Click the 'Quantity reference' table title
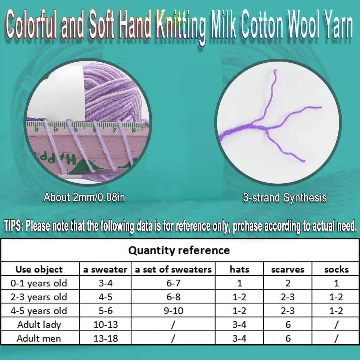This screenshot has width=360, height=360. click(x=179, y=250)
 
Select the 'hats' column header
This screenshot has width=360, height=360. click(x=239, y=269)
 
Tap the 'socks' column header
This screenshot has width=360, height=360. click(x=336, y=269)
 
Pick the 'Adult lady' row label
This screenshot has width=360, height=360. click(x=39, y=325)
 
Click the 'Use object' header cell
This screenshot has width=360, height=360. click(x=39, y=269)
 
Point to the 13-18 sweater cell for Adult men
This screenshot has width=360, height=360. click(x=105, y=338)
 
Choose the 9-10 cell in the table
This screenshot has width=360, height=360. click(x=174, y=311)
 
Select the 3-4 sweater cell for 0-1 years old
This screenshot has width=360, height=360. click(x=105, y=283)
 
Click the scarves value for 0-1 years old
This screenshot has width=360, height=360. click(x=288, y=283)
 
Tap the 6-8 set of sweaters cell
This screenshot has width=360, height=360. click(x=174, y=297)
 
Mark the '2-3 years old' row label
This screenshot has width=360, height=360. click(x=39, y=297)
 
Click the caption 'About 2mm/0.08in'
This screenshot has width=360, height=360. click(x=84, y=197)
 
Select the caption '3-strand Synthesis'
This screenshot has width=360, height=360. click(x=285, y=197)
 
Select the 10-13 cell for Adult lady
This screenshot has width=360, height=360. click(x=105, y=325)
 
